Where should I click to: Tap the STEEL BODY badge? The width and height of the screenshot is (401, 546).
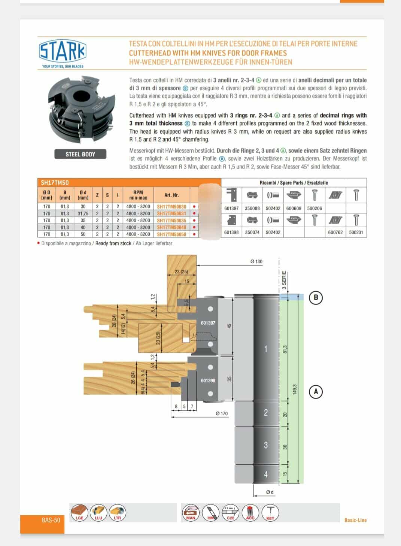[80, 154]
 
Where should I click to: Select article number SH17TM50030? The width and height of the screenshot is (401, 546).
[171, 207]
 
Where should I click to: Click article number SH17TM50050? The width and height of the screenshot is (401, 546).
[171, 234]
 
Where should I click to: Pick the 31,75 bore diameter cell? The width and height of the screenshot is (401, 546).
[83, 213]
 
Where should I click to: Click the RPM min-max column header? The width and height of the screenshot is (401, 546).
[138, 195]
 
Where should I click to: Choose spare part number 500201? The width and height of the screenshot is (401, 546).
[356, 233]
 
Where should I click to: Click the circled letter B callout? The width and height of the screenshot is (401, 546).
[316, 298]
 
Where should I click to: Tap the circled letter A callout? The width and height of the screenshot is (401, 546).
[316, 392]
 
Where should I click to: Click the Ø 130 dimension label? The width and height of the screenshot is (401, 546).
[256, 262]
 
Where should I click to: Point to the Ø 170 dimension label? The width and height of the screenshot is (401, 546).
[222, 414]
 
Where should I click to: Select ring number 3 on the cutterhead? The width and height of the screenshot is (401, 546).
[266, 445]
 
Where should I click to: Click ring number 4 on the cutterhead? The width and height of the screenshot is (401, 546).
[266, 474]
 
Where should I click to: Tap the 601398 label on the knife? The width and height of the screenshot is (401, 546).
[208, 380]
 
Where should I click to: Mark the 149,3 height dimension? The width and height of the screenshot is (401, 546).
[295, 389]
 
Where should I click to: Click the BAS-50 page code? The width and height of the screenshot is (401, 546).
[51, 520]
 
